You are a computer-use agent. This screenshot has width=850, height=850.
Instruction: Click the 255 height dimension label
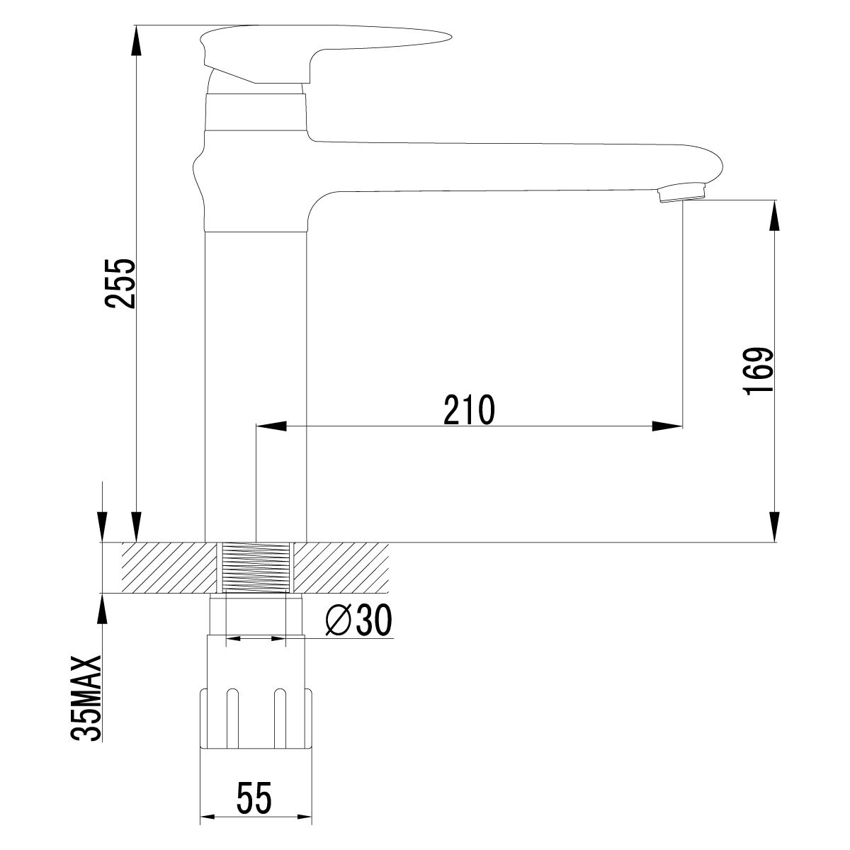pyautogui.click(x=120, y=283)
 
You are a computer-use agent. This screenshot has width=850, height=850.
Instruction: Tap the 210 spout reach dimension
pyautogui.click(x=468, y=410)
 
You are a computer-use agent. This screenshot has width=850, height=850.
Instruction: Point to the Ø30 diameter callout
pyautogui.click(x=358, y=621)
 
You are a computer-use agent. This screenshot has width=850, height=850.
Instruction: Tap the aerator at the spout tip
pyautogui.click(x=681, y=193)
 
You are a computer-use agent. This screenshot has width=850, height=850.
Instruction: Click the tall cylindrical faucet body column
pyautogui.click(x=255, y=382)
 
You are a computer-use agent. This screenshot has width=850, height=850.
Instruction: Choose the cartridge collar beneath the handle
pyautogui.click(x=255, y=111)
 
